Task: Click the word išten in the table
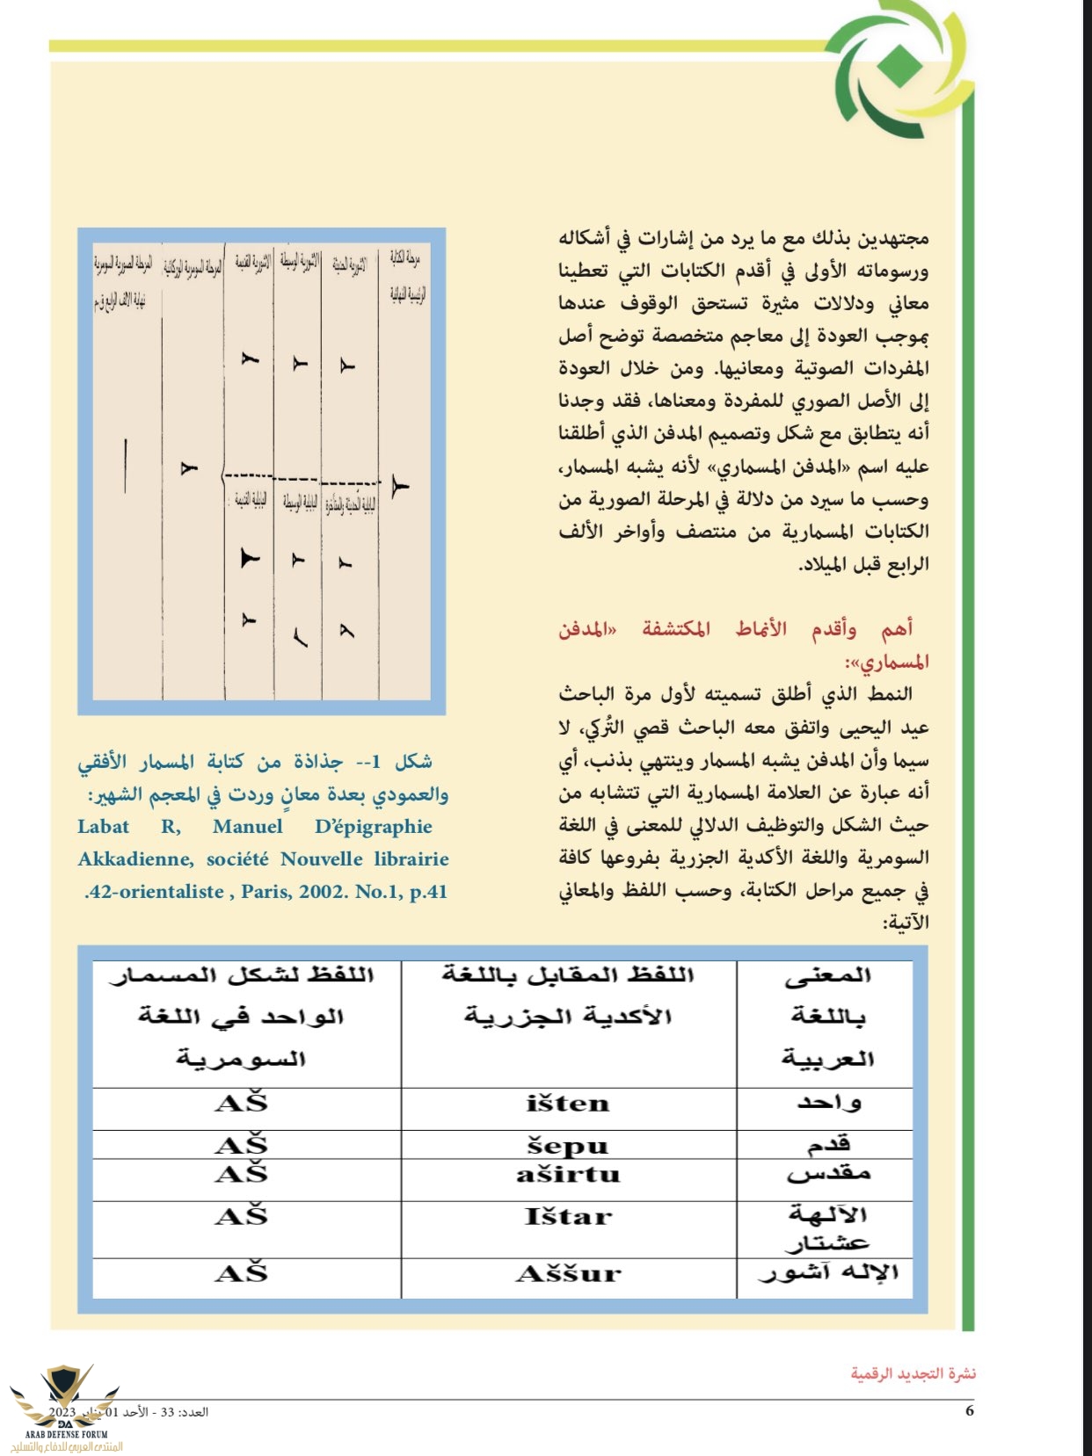click(x=567, y=1104)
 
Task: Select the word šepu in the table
click(x=567, y=1146)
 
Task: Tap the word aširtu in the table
click(x=568, y=1175)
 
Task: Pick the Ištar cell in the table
click(x=567, y=1217)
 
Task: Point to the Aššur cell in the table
click(x=568, y=1274)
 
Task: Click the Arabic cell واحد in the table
click(x=828, y=1103)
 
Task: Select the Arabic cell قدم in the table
click(x=829, y=1144)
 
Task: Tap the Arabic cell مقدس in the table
click(x=828, y=1173)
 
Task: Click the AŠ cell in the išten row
click(x=241, y=1103)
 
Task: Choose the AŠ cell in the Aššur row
click(x=241, y=1273)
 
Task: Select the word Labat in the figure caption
click(x=103, y=827)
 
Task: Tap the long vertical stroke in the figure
click(x=126, y=465)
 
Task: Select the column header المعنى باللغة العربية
click(x=827, y=1017)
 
